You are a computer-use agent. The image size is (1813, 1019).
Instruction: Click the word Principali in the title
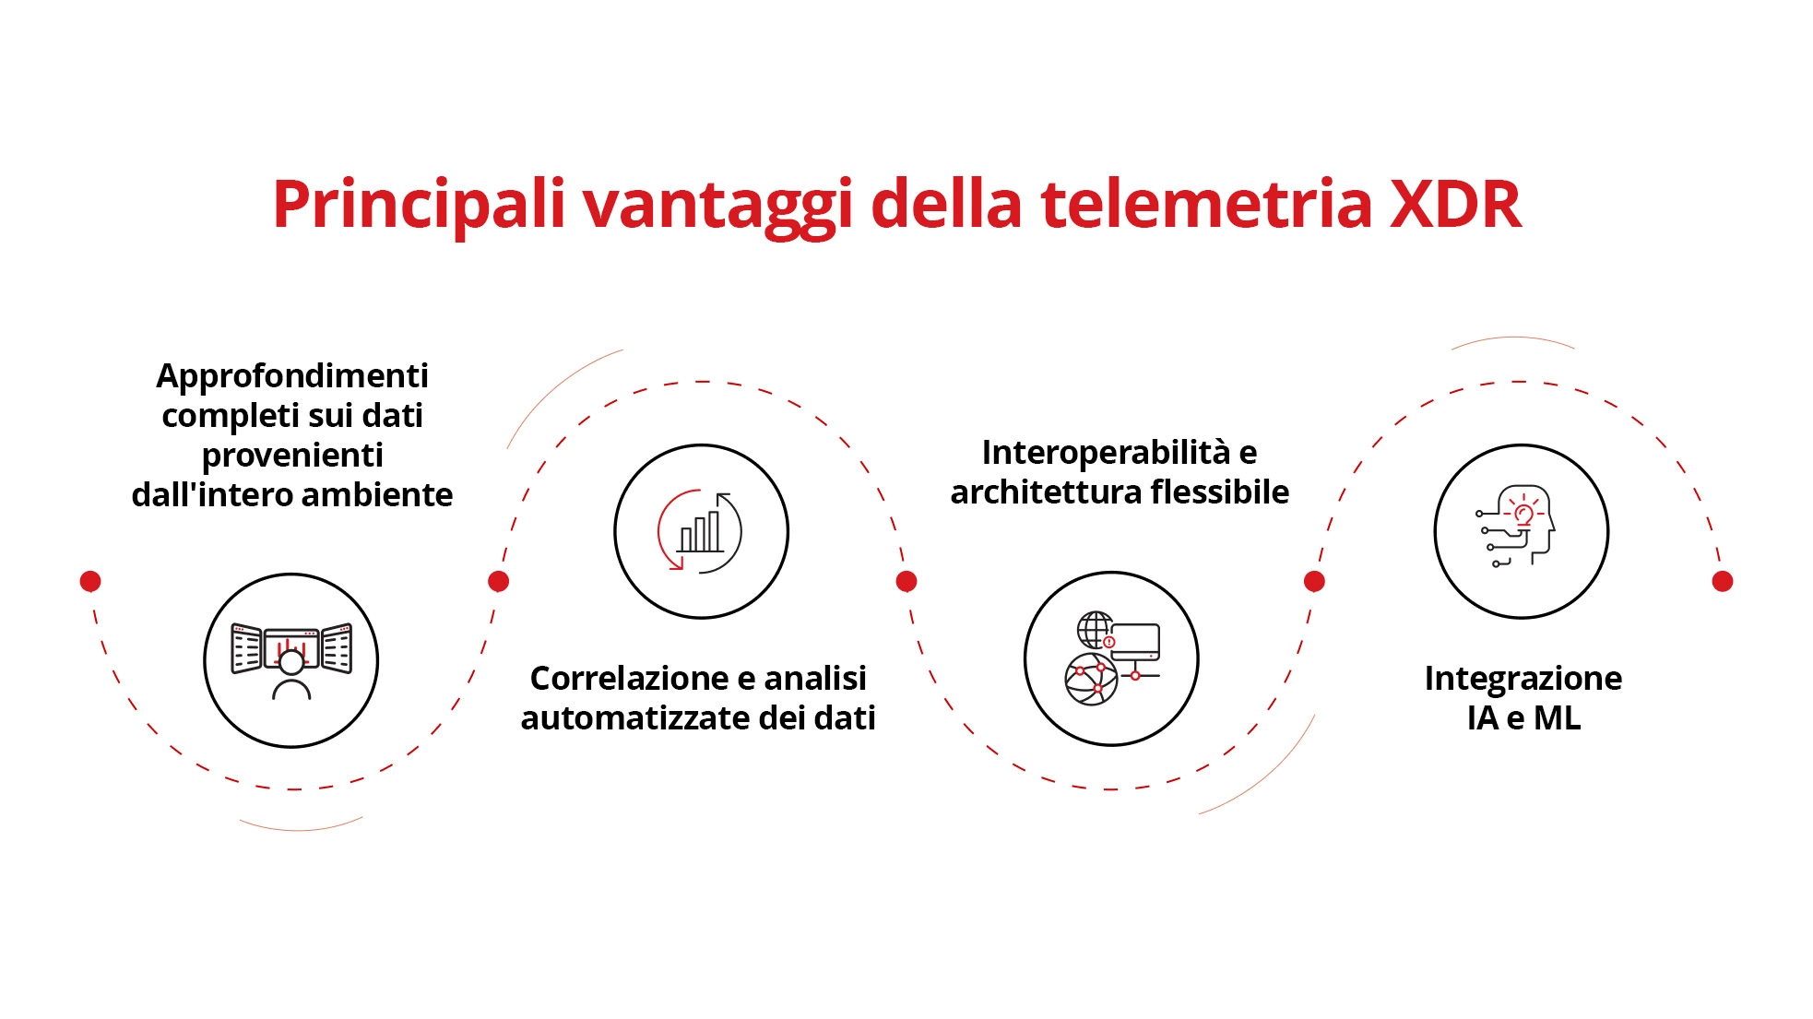418,205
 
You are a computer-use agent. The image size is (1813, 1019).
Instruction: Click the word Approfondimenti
292,376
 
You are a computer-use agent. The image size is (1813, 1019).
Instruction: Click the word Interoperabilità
1106,453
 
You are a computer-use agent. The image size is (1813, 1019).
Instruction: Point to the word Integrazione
1523,679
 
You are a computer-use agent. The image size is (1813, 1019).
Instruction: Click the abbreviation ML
1557,718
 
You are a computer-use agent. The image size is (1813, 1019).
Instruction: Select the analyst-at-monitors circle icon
291,660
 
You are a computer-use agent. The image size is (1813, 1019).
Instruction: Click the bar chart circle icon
701,531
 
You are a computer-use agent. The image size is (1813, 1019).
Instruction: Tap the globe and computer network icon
1111,658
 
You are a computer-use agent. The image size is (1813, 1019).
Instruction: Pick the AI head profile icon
1521,531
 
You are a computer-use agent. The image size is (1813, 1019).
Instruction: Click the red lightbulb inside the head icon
1524,515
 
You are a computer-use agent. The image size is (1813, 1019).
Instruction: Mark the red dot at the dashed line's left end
90,581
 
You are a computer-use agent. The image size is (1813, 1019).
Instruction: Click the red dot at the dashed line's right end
1722,581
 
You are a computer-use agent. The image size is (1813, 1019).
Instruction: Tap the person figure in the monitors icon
291,674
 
